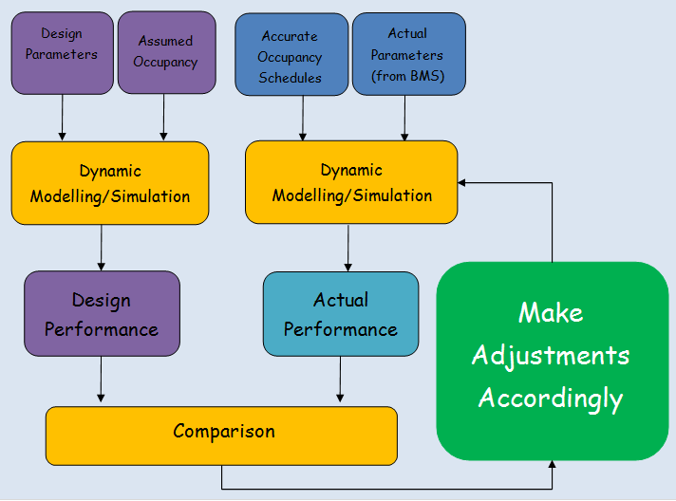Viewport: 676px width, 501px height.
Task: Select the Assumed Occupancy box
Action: [x=166, y=52]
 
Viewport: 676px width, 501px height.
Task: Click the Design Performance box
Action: [x=102, y=315]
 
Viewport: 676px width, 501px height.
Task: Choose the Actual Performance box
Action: [x=341, y=314]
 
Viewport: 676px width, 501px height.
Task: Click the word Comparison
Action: [x=224, y=432]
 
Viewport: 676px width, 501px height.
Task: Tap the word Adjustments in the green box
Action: [x=551, y=355]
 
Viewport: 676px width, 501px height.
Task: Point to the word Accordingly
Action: [x=551, y=397]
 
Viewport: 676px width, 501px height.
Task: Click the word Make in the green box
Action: [x=551, y=312]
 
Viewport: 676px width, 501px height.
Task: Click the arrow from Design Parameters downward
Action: [x=62, y=118]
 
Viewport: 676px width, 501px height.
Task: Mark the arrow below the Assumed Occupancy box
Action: [x=164, y=118]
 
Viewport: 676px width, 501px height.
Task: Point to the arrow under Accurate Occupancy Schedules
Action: [x=303, y=118]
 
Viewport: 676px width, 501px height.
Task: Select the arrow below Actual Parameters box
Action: [x=405, y=118]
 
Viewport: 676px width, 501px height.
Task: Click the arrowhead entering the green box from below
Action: [x=552, y=465]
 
